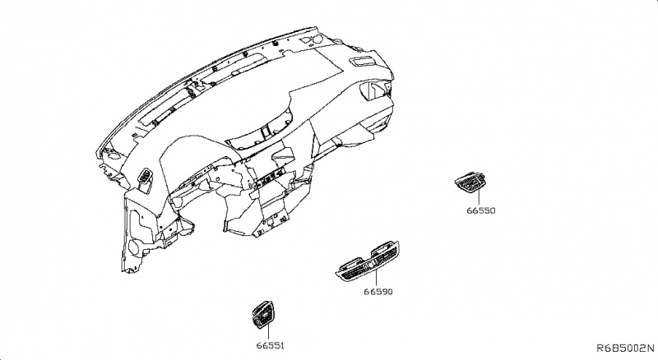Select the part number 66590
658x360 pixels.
380,290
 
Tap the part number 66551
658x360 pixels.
269,345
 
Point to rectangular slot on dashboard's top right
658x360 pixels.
361,62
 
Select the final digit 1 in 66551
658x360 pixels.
285,345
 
